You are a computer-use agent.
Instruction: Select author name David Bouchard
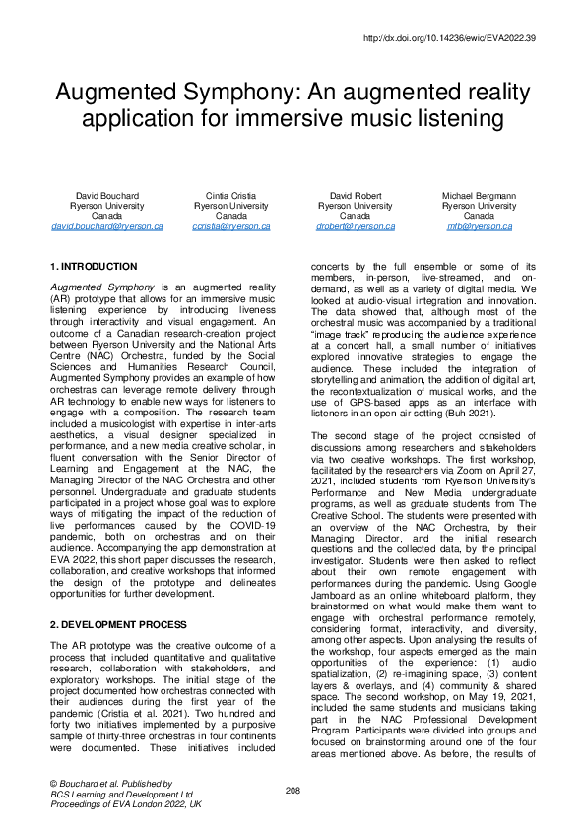(x=107, y=197)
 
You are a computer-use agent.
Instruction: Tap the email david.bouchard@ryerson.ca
(x=107, y=226)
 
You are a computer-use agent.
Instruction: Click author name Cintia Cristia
(x=231, y=197)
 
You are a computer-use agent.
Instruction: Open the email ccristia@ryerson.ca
(x=231, y=226)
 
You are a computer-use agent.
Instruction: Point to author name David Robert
(x=355, y=197)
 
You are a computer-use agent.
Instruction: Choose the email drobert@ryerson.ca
(x=355, y=226)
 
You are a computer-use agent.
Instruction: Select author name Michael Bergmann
(x=479, y=197)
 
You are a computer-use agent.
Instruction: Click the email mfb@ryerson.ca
(x=479, y=226)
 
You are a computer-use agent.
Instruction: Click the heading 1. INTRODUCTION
(x=94, y=267)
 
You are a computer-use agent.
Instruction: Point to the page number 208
(x=293, y=790)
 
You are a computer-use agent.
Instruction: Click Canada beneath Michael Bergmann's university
(x=479, y=217)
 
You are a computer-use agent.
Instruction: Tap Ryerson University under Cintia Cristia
(x=231, y=207)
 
